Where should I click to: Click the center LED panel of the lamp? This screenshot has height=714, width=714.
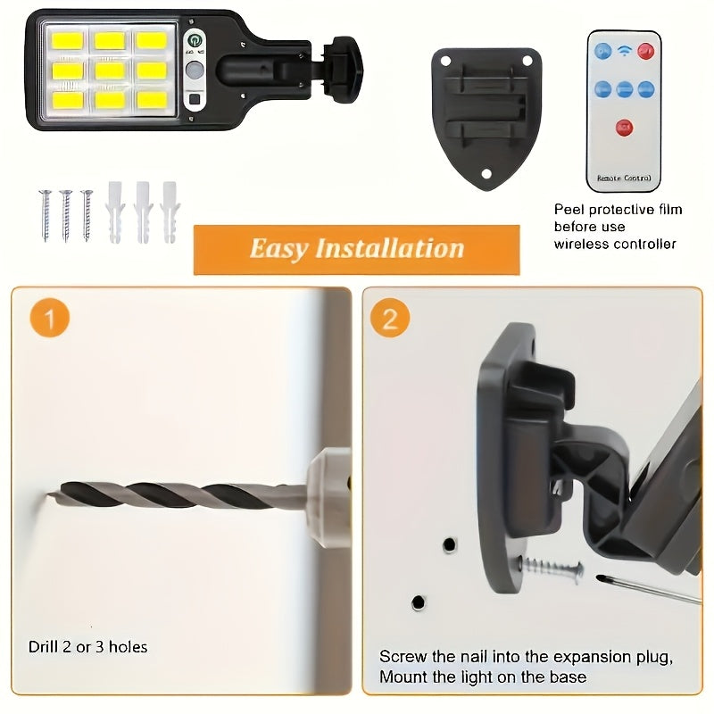tap(110, 69)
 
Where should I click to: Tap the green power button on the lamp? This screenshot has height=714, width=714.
tap(195, 40)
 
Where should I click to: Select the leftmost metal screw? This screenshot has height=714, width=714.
tap(45, 215)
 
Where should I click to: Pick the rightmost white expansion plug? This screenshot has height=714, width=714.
tap(169, 212)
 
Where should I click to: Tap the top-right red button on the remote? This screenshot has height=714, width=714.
tap(645, 51)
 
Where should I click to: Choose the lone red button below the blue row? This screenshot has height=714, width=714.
tap(624, 127)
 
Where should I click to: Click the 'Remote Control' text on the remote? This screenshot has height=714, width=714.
tap(624, 178)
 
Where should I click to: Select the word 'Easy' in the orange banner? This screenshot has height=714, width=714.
tap(278, 248)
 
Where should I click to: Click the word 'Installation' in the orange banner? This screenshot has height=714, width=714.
tap(389, 248)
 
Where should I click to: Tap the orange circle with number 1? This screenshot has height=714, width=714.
tap(49, 319)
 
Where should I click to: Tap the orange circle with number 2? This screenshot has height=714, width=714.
tap(390, 319)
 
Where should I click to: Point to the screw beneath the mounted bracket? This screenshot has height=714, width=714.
tap(552, 566)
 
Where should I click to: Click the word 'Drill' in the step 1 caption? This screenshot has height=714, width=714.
tap(44, 646)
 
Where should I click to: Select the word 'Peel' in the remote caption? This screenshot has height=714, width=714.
tap(569, 210)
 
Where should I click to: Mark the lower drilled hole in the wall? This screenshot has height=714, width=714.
tap(418, 603)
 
